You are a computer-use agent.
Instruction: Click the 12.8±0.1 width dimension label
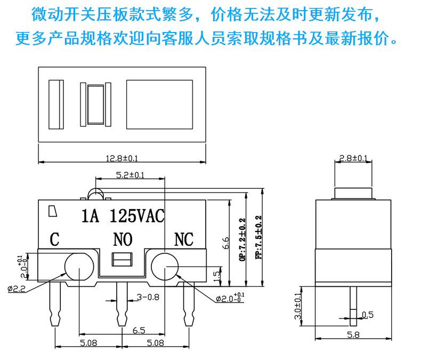(122, 158)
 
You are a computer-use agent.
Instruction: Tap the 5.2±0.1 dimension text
(130, 175)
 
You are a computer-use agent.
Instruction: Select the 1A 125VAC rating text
(123, 215)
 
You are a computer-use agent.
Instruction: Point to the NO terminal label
(123, 239)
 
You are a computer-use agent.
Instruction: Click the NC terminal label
(184, 239)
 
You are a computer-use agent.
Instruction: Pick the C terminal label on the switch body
(54, 239)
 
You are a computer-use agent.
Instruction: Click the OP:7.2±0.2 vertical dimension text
(242, 239)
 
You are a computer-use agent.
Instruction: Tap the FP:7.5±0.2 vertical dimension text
(258, 237)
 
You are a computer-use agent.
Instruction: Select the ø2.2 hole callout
(16, 289)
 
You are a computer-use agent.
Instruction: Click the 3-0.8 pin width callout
(148, 297)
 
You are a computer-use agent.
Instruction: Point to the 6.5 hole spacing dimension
(139, 330)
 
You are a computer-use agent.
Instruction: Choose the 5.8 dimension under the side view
(353, 335)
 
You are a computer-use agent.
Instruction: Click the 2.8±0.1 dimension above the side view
(353, 158)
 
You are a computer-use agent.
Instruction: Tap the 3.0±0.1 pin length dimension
(298, 306)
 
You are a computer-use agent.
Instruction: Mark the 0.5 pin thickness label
(368, 315)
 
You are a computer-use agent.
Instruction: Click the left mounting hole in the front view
(79, 267)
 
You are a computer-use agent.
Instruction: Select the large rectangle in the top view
(159, 105)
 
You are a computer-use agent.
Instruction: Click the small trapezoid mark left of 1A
(53, 211)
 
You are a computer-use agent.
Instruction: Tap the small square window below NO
(122, 259)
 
